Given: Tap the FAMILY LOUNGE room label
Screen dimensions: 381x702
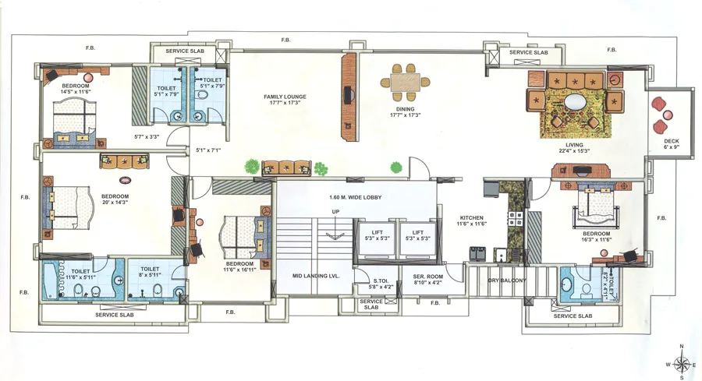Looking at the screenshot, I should tap(285, 100).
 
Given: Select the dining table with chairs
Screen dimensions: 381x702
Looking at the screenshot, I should tap(405, 80).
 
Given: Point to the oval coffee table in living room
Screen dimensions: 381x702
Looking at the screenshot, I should tap(576, 102).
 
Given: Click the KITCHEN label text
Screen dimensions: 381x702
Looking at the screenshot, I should tap(472, 220).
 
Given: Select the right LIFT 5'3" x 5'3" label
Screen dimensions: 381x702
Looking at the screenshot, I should tap(418, 235).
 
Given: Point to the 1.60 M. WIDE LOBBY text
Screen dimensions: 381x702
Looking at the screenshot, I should tap(355, 198).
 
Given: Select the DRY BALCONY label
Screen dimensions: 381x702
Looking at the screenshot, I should tap(507, 280).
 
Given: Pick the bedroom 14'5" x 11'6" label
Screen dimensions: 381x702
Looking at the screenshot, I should tap(76, 89).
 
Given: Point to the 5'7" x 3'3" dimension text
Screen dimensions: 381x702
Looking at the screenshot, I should tap(147, 136).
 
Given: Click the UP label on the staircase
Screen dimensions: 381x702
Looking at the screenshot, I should tap(335, 212).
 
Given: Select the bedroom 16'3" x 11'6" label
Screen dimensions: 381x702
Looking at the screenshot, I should tap(597, 236).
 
